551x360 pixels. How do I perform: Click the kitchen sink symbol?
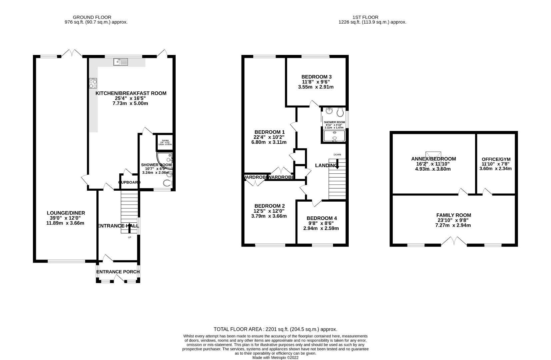pyautogui.click(x=121, y=62)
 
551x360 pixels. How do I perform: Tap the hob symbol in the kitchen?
pyautogui.click(x=93, y=83)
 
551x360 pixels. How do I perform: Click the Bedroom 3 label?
pyautogui.click(x=316, y=77)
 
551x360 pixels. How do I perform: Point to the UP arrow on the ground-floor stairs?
pyautogui.click(x=129, y=228)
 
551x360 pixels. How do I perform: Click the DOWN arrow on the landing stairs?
pyautogui.click(x=337, y=163)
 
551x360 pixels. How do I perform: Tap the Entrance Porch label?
pyautogui.click(x=118, y=272)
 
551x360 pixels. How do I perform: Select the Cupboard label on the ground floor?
pyautogui.click(x=129, y=182)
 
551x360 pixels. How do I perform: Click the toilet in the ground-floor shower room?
pyautogui.click(x=167, y=183)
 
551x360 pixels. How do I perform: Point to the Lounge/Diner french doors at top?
pyautogui.click(x=72, y=53)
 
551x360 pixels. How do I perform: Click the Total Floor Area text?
pyautogui.click(x=275, y=329)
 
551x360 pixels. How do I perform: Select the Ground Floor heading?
pyautogui.click(x=92, y=17)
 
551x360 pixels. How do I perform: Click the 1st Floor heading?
pyautogui.click(x=365, y=17)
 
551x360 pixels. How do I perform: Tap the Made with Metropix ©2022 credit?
pyautogui.click(x=275, y=358)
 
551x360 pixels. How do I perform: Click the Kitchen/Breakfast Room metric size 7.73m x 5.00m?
pyautogui.click(x=130, y=103)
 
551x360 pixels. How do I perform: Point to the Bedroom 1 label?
pyautogui.click(x=269, y=132)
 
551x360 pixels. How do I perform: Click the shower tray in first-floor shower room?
pyautogui.click(x=334, y=136)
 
